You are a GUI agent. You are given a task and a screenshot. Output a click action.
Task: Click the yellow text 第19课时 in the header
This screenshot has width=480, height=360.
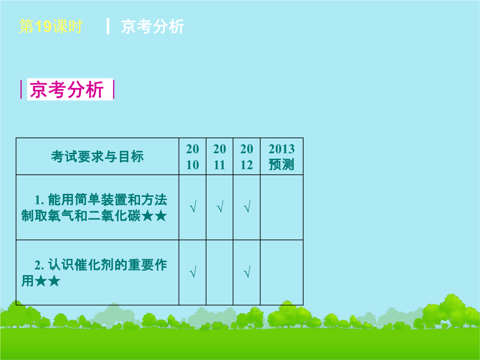51,26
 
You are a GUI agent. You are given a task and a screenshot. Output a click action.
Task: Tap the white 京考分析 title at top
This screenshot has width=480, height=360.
152,26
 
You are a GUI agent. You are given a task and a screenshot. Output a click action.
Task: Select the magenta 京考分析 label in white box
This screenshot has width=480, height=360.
67,89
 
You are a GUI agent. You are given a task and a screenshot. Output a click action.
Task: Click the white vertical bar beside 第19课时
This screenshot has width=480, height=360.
108,26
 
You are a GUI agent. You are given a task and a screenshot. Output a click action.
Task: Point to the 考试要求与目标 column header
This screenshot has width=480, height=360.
97,157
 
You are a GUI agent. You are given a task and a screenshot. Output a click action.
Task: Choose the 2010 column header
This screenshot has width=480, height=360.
192,157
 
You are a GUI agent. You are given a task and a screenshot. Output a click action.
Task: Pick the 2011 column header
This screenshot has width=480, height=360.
220,157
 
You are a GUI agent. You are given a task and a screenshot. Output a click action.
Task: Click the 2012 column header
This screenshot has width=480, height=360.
247,157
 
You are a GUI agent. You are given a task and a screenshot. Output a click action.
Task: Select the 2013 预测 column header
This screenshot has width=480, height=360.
282,157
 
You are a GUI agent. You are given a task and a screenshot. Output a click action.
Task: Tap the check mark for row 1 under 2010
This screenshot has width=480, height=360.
193,207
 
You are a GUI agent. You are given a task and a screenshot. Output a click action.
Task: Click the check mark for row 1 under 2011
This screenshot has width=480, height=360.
220,207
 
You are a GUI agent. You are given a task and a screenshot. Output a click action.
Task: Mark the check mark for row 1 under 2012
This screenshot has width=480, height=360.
247,207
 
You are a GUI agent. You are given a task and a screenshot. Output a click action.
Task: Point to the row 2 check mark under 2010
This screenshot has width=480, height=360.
193,272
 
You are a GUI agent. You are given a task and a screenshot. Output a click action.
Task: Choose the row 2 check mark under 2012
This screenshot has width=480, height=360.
247,272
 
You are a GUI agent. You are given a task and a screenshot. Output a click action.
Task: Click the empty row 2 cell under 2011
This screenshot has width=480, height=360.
220,272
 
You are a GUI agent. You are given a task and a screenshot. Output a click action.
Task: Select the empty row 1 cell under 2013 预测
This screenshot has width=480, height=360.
282,207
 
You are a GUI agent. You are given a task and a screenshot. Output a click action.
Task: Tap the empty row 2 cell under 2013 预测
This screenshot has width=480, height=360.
282,272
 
